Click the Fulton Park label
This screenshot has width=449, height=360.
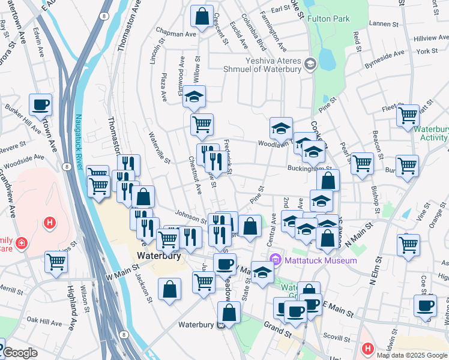(x=328, y=19)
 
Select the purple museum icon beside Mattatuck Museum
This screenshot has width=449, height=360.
(x=276, y=260)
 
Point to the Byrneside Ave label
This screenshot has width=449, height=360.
(x=384, y=56)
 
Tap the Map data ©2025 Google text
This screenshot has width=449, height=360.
(x=412, y=355)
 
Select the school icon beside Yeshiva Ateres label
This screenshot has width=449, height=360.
(x=310, y=63)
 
